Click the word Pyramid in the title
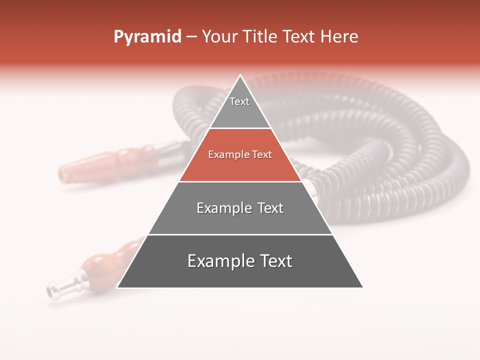[147, 37]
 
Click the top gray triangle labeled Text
[240, 107]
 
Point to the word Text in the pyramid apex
[239, 101]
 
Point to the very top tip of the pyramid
[240, 76]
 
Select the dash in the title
[191, 37]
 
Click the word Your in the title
[219, 37]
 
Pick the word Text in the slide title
[298, 37]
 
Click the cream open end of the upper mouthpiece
[63, 173]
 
